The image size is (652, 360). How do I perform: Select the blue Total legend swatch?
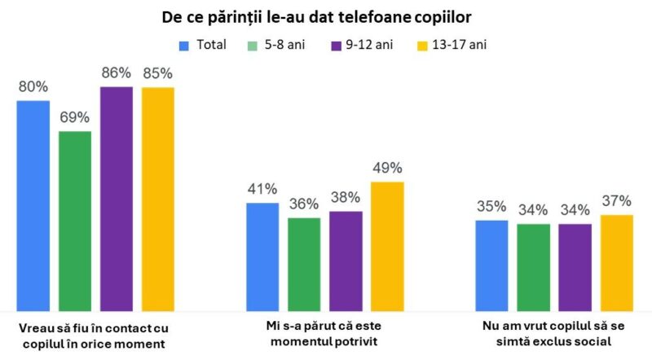[183, 44]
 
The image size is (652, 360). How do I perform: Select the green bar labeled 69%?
[75, 220]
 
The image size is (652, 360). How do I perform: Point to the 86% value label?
[117, 72]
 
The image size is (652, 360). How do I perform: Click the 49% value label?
[387, 168]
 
